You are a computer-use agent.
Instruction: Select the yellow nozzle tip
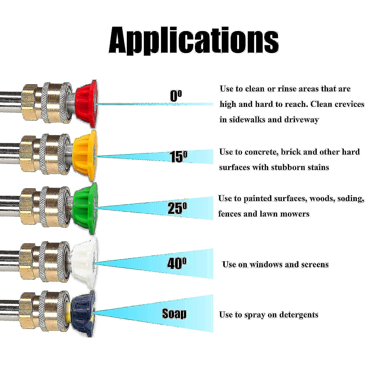[x=85, y=155]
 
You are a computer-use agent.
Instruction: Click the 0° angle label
[x=176, y=96]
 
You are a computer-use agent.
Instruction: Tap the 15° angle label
[x=178, y=157]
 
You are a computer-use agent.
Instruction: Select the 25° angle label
[x=177, y=208]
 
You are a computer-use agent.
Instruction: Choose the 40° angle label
[x=177, y=264]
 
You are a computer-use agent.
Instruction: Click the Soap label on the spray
[x=174, y=314]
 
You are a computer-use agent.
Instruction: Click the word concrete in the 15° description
[x=261, y=152]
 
